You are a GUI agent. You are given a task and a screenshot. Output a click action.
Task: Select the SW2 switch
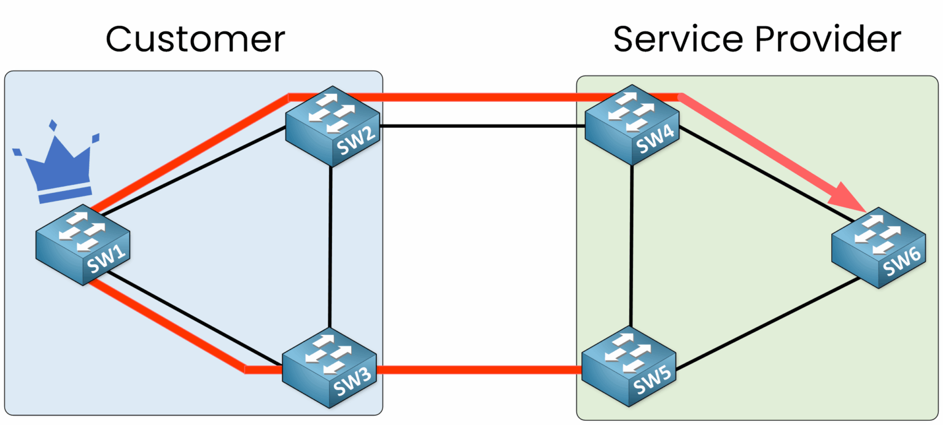(x=332, y=125)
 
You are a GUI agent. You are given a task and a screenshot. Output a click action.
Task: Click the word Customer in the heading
(x=195, y=40)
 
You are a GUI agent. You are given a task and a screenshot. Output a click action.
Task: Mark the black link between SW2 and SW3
(x=331, y=246)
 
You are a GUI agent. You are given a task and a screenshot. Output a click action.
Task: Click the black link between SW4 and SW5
(x=632, y=246)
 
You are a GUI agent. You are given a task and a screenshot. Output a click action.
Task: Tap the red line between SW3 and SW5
(x=479, y=370)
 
